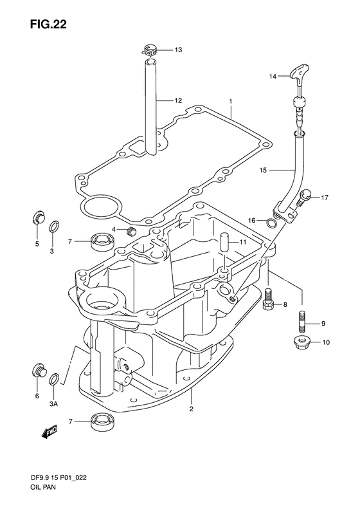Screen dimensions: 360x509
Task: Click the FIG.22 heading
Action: pos(48,24)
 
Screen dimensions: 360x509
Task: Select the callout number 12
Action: pos(178,100)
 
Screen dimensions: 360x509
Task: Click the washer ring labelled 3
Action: pos(55,227)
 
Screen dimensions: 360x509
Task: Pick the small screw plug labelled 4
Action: pos(131,232)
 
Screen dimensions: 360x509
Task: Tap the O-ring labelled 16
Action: pos(271,223)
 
